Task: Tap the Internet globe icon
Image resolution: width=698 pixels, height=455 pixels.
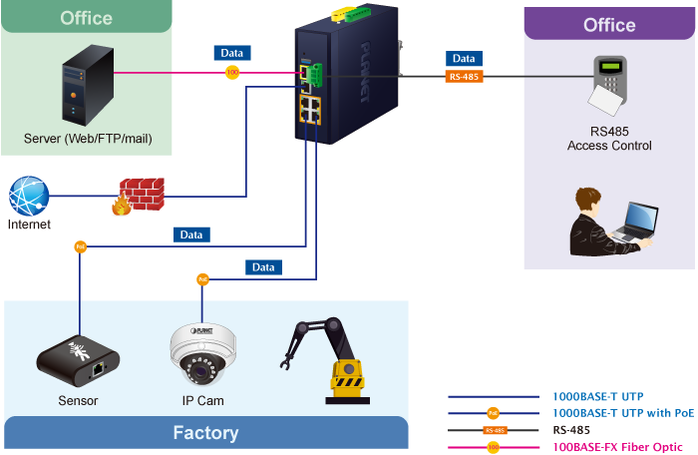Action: [29, 197]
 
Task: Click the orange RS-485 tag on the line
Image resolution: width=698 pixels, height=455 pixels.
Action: [464, 76]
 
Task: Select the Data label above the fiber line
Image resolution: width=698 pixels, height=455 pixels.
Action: [231, 53]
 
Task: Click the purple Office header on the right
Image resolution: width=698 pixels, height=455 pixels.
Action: [609, 25]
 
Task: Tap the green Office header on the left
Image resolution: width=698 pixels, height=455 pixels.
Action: [86, 17]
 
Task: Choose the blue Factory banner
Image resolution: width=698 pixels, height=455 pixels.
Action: [205, 433]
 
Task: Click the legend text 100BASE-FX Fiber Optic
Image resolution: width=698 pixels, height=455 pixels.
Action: [618, 447]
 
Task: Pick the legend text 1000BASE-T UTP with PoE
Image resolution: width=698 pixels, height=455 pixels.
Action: [623, 413]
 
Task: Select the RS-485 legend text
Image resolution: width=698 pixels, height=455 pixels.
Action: [571, 430]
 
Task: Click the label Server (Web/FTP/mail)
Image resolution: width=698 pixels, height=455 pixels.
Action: [88, 138]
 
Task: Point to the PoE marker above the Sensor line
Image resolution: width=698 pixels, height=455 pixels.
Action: [80, 246]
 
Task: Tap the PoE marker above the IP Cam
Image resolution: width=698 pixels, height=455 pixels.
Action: [202, 279]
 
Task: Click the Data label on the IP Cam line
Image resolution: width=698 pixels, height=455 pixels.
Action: [263, 267]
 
